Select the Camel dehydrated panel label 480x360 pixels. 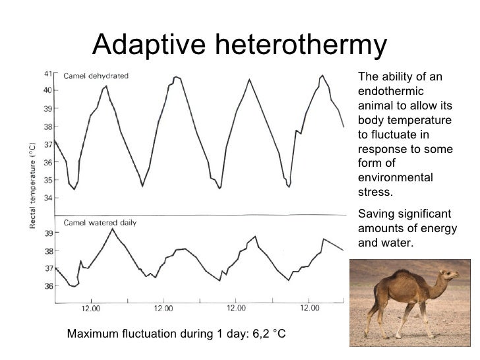click(x=96, y=75)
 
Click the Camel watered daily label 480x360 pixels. click(x=100, y=223)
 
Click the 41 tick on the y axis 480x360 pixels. click(x=47, y=73)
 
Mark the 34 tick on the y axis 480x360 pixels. click(x=47, y=197)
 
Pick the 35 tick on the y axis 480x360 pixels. click(x=47, y=179)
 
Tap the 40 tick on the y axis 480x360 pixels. click(x=47, y=90)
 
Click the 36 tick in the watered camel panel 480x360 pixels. click(x=47, y=286)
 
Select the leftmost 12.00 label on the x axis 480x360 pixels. click(x=91, y=308)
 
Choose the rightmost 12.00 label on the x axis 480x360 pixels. click(x=309, y=308)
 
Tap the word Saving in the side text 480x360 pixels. click(x=374, y=214)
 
